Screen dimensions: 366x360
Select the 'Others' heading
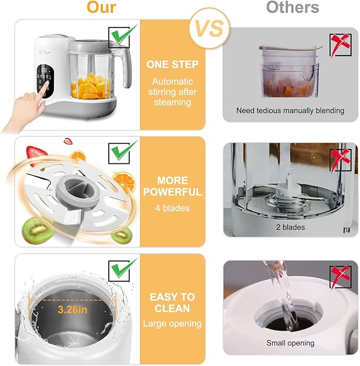(292, 7)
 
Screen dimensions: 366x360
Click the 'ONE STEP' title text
(172, 65)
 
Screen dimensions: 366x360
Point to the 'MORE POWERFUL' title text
(172, 186)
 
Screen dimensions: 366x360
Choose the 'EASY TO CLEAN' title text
(172, 302)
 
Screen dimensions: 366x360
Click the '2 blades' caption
(290, 227)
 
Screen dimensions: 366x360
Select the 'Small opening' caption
(290, 343)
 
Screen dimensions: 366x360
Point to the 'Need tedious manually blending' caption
(290, 111)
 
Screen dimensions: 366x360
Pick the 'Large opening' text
(172, 323)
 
